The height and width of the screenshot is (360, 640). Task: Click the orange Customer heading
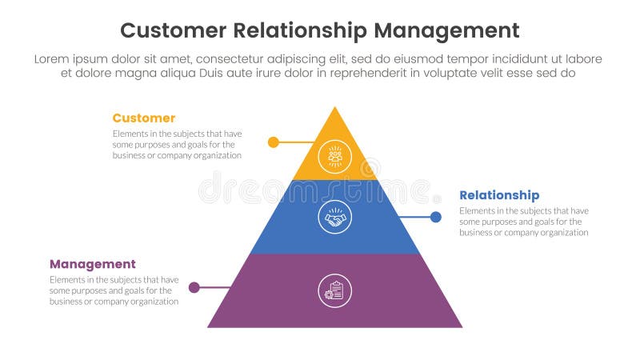click(x=143, y=118)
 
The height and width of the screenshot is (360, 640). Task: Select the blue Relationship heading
click(x=499, y=195)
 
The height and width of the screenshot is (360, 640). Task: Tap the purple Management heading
click(x=93, y=264)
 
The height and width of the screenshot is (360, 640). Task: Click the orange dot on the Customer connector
click(x=273, y=142)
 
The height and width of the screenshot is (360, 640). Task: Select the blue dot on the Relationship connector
click(x=436, y=217)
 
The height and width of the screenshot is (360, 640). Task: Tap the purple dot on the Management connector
click(x=194, y=287)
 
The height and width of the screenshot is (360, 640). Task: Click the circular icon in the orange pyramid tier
click(x=334, y=156)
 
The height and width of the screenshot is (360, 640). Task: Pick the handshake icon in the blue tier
click(x=334, y=217)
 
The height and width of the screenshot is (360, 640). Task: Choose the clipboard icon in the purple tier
click(x=334, y=290)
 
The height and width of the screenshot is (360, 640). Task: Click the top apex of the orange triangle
click(x=334, y=107)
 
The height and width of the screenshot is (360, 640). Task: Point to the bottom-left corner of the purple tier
click(x=209, y=326)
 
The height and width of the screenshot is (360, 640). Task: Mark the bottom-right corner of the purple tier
click(x=462, y=326)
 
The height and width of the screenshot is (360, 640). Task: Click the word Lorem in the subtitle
click(x=53, y=59)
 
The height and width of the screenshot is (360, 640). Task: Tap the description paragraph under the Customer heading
click(x=177, y=144)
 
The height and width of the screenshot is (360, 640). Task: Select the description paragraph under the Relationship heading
click(x=523, y=222)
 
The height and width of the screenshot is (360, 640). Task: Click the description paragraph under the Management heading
click(x=114, y=290)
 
